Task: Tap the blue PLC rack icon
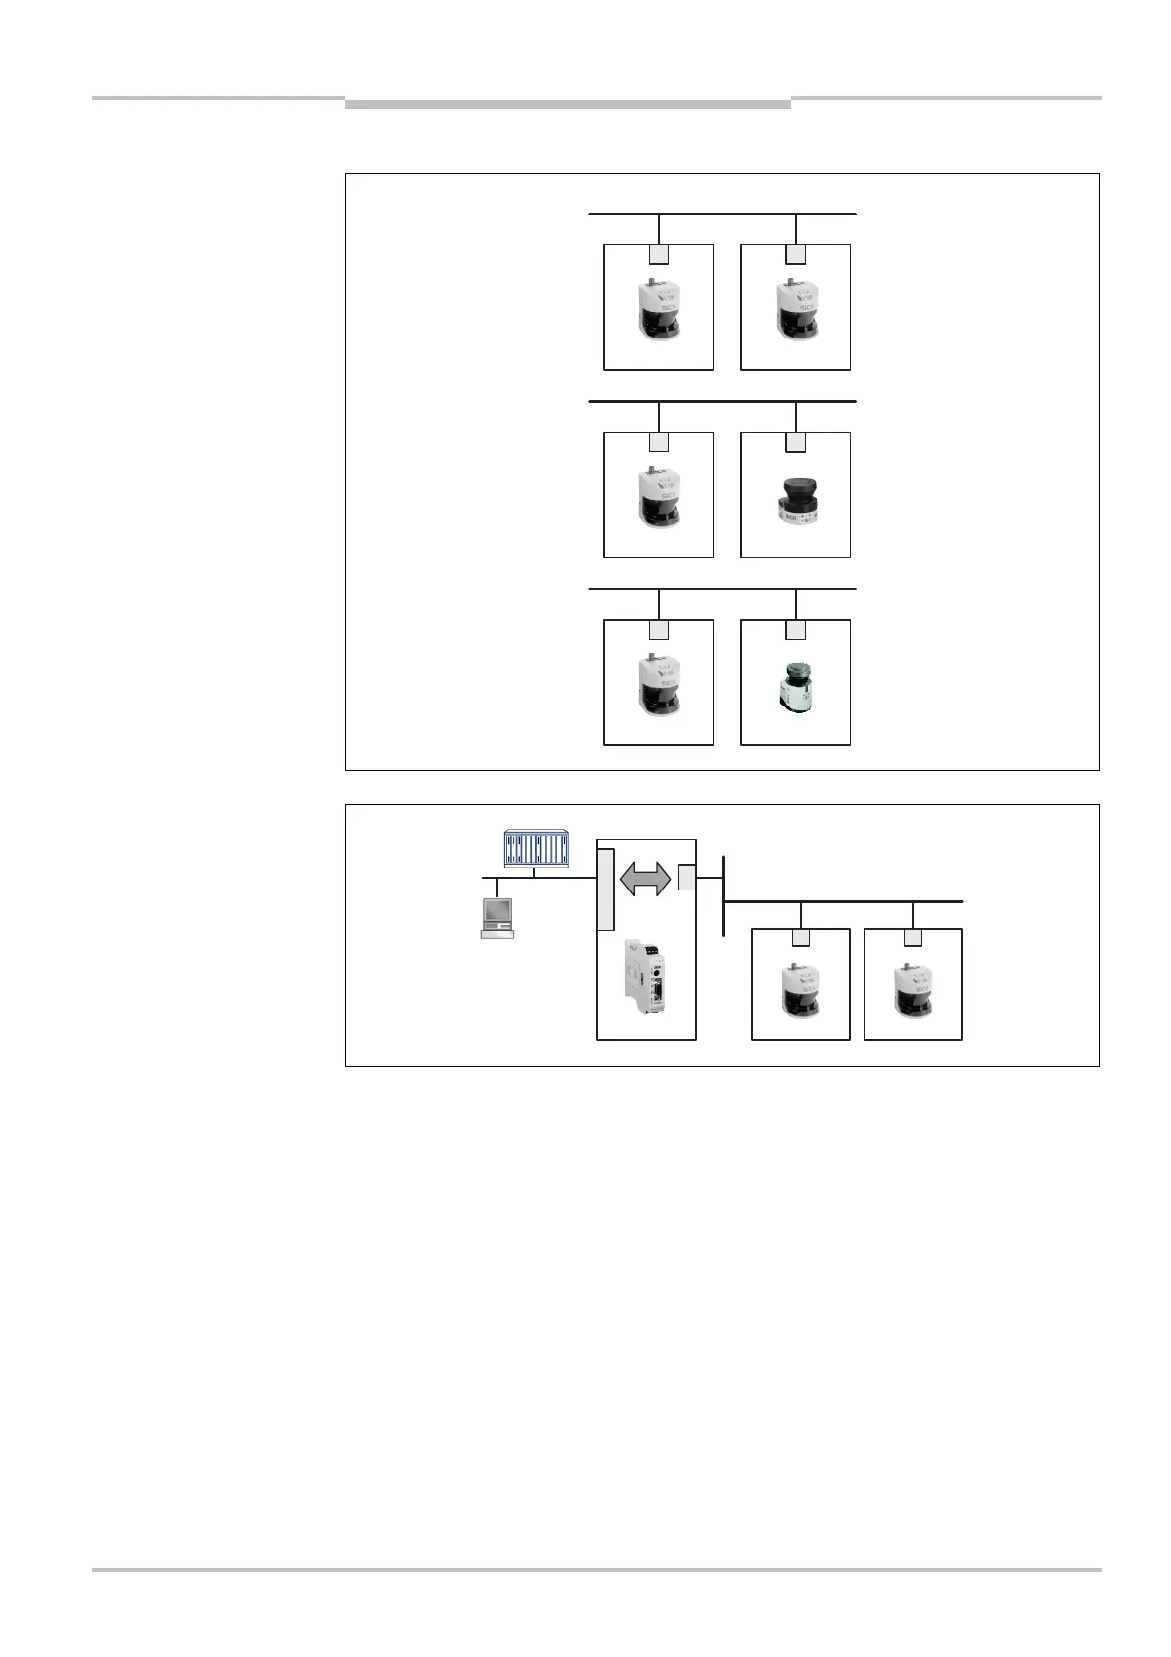tap(536, 849)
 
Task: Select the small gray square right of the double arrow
tap(686, 875)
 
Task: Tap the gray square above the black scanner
tap(796, 442)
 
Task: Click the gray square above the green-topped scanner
tap(796, 629)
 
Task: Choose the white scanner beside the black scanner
tap(658, 498)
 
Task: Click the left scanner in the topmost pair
tap(658, 310)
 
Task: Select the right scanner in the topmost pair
tap(795, 310)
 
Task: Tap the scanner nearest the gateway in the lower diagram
tap(800, 992)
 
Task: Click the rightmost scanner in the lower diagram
tap(912, 992)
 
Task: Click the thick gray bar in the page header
tap(568, 103)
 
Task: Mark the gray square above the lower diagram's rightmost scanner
tap(913, 939)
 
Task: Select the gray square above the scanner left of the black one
tap(659, 442)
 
